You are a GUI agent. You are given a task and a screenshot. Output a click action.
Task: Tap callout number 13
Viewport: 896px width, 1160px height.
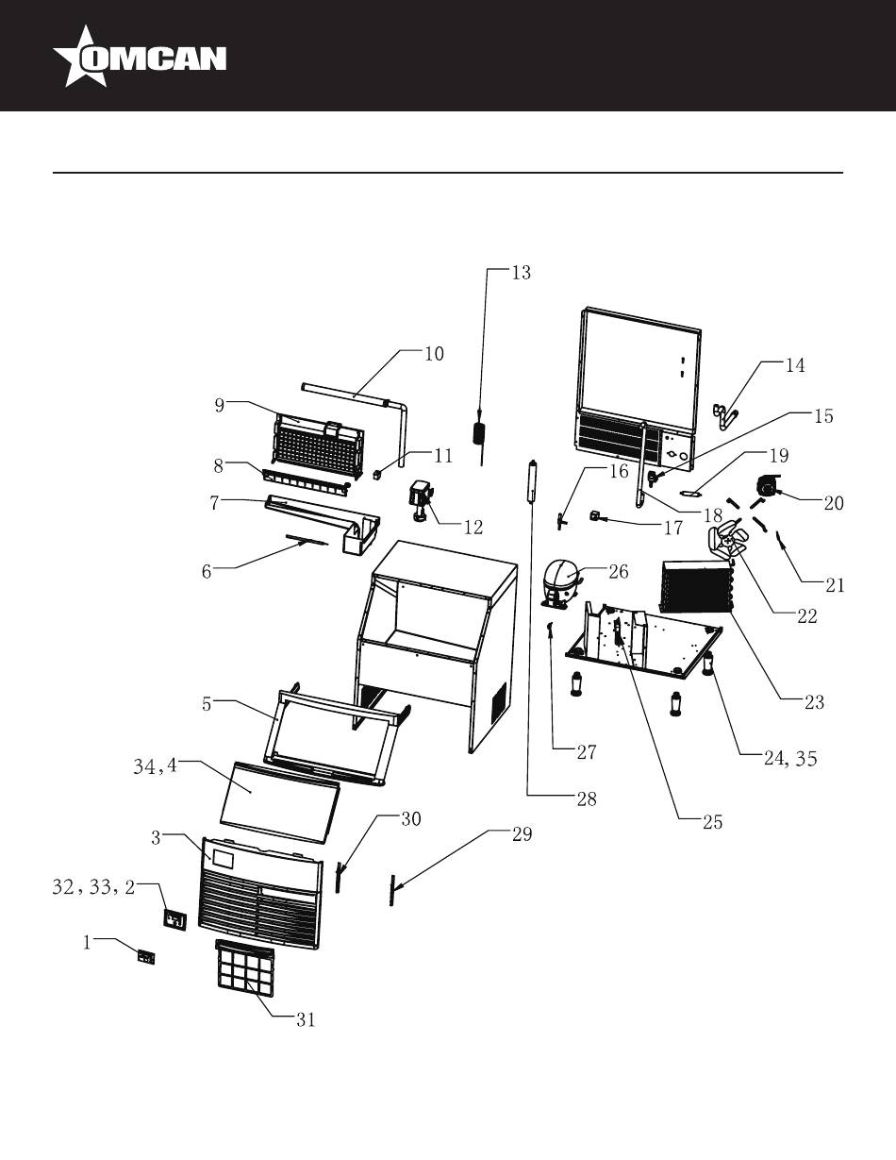coord(521,272)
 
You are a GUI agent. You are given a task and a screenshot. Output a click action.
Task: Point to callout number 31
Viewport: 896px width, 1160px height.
coord(305,1019)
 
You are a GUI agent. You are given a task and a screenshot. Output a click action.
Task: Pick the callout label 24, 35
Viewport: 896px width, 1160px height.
coord(789,758)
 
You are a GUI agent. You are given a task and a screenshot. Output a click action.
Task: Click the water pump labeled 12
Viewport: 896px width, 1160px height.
coord(422,499)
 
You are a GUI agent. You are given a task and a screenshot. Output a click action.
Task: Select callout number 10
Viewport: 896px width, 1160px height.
coord(434,353)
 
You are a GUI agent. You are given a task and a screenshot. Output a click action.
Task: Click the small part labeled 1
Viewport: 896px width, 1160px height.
coord(146,958)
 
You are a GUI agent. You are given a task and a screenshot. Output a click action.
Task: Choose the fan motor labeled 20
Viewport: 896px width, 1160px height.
coord(767,483)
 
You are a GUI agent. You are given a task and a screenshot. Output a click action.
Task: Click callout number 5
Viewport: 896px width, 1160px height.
coord(207,704)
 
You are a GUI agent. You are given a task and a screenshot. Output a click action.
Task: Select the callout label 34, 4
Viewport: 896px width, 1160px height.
coord(155,767)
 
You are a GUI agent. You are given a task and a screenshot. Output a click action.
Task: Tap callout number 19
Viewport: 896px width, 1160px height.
coord(779,455)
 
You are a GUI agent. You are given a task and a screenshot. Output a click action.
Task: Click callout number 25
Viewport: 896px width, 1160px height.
coord(712,822)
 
